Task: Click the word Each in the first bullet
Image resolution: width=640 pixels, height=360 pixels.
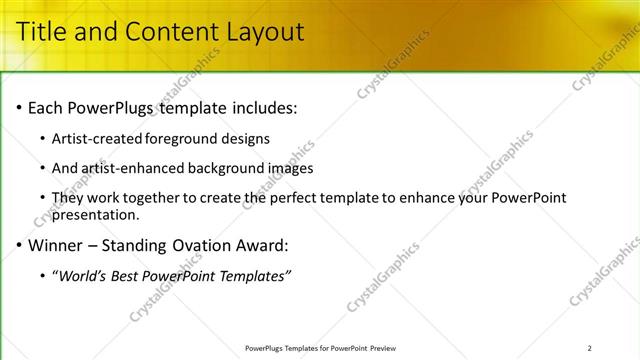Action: point(46,107)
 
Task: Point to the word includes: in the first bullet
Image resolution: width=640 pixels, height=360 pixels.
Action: point(263,107)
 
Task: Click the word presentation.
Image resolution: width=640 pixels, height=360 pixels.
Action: point(96,214)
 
